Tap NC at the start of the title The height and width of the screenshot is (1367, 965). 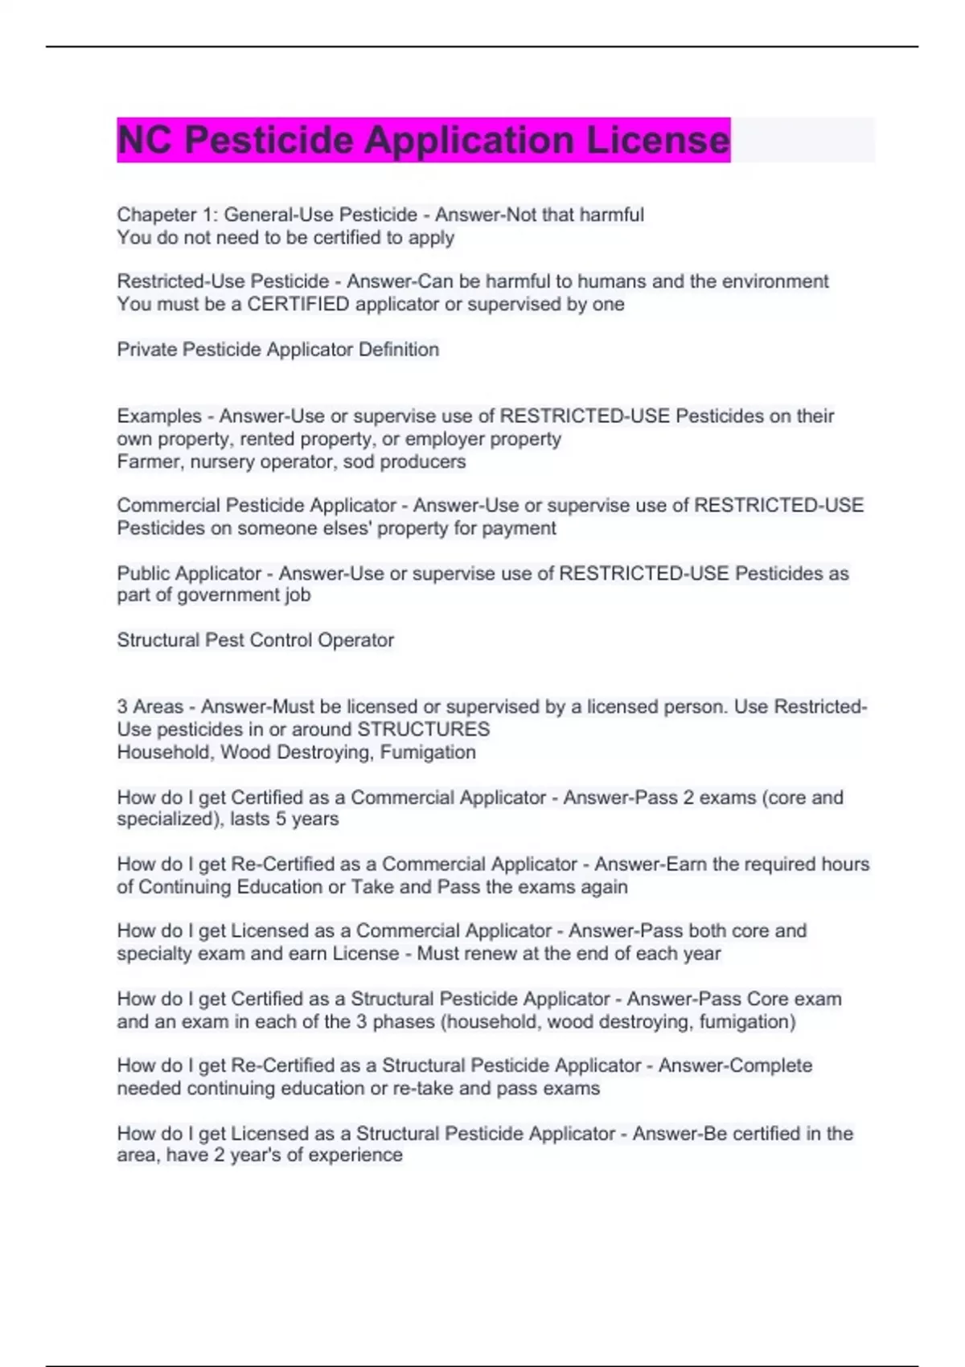(x=145, y=140)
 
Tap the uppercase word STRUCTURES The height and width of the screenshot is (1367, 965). (x=423, y=729)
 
